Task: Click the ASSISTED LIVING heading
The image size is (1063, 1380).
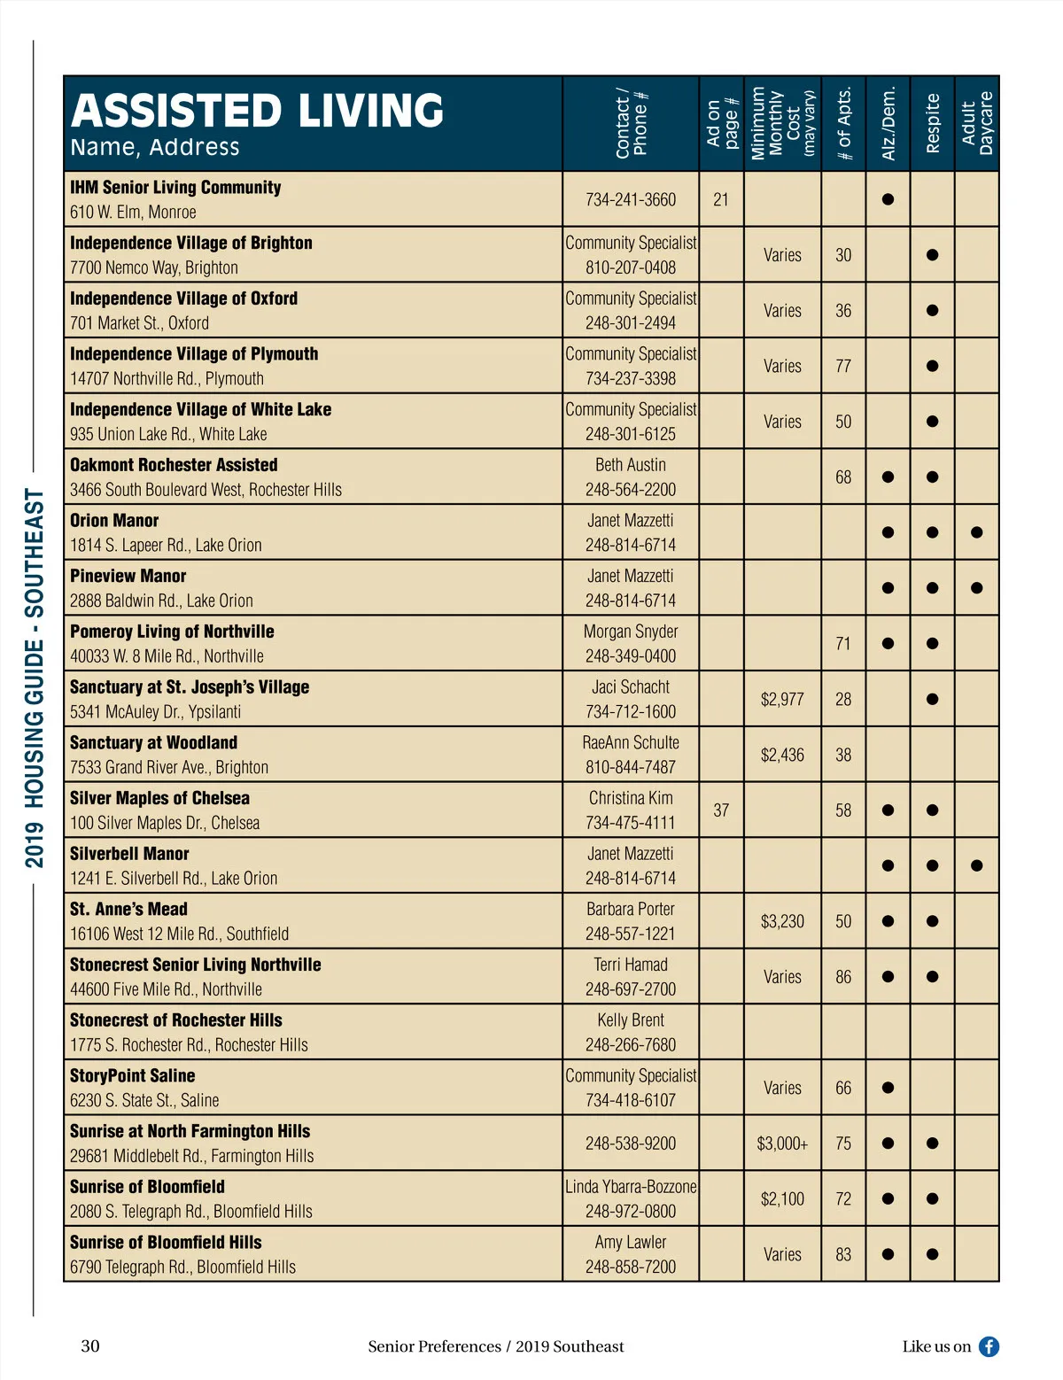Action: pos(257,111)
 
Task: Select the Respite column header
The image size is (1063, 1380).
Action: pos(932,124)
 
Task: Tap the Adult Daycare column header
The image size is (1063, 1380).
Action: pos(977,124)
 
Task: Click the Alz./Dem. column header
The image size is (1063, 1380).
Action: pos(888,124)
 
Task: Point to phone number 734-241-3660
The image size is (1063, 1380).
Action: pos(630,200)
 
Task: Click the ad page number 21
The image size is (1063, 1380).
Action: pos(721,200)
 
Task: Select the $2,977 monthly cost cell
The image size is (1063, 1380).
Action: pos(782,700)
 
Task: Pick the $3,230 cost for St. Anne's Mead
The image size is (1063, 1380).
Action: pos(782,922)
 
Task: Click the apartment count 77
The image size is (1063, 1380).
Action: pos(843,367)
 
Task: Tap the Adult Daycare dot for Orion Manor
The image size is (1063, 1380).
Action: pos(976,532)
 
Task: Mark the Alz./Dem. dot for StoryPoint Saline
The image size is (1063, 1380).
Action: pos(888,1088)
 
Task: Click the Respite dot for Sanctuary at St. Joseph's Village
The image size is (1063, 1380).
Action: pos(932,699)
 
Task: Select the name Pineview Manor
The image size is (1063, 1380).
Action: pos(128,577)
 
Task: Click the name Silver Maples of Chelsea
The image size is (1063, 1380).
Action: pos(159,799)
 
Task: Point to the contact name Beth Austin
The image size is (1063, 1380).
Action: pos(630,465)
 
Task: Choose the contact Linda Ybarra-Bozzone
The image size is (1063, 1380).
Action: pos(631,1187)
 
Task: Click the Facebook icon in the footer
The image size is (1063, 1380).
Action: pos(989,1346)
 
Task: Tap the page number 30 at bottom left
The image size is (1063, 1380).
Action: pos(90,1346)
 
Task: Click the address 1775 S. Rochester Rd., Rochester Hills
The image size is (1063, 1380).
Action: pos(189,1045)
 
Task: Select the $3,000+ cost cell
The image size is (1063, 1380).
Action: pos(782,1144)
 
